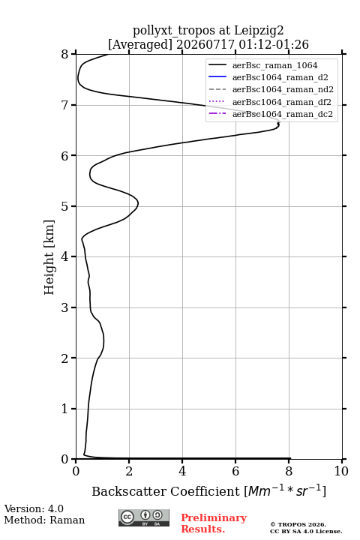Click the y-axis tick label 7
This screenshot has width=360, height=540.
coord(64,105)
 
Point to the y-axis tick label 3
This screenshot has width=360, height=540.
coord(64,307)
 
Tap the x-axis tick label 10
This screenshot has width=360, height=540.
coord(341,471)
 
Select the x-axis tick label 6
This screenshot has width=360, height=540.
coord(235,471)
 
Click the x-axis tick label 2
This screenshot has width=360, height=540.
coord(129,471)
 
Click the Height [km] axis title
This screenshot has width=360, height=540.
coord(49,257)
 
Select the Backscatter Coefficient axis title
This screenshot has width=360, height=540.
coord(208,491)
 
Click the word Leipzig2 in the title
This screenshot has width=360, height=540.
coord(259,31)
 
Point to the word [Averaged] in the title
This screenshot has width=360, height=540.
coord(139,44)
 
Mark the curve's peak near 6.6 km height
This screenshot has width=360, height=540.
coord(278,124)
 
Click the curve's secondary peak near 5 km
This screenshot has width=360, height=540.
coord(138,204)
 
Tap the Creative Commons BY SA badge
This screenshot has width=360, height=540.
coord(144,517)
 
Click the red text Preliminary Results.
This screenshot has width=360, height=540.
coord(214,523)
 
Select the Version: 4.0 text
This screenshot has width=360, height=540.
coord(34,508)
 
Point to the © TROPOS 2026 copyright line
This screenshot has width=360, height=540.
coord(298,524)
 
